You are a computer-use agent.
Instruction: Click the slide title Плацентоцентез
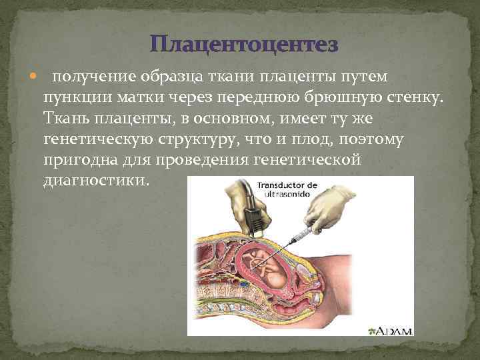pos(244,45)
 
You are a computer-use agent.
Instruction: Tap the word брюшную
pos(346,98)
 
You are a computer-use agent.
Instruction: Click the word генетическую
pos(97,141)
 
